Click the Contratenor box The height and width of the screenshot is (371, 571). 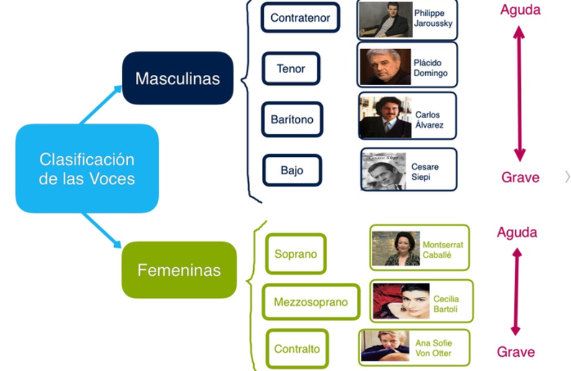pyautogui.click(x=300, y=17)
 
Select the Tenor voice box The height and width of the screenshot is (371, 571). pyautogui.click(x=291, y=68)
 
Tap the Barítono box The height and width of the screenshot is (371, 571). pyautogui.click(x=292, y=119)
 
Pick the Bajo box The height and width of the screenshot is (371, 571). pyautogui.click(x=292, y=170)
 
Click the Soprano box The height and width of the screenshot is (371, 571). pyautogui.click(x=296, y=254)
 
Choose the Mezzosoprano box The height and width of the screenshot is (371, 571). pyautogui.click(x=311, y=302)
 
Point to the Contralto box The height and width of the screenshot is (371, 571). pyautogui.click(x=297, y=349)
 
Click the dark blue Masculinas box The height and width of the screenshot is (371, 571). pyautogui.click(x=178, y=78)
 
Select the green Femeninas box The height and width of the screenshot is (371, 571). pyautogui.click(x=179, y=270)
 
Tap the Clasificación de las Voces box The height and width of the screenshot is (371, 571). pyautogui.click(x=87, y=168)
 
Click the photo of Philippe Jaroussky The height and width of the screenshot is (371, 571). pyautogui.click(x=385, y=20)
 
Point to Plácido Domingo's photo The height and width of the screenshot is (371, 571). pyautogui.click(x=385, y=67)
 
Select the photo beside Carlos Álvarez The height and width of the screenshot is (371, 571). pyautogui.click(x=385, y=117)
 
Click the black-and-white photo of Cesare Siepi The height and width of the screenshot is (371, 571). pyautogui.click(x=383, y=171)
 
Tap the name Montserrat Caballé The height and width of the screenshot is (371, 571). pyautogui.click(x=443, y=250)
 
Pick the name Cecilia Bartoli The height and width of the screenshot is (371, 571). pyautogui.click(x=446, y=304)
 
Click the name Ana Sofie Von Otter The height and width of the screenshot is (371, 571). pyautogui.click(x=434, y=348)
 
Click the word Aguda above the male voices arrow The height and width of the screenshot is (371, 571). pyautogui.click(x=520, y=10)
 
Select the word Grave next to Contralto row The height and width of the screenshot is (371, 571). pyautogui.click(x=516, y=352)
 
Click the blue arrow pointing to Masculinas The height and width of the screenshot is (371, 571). pyautogui.click(x=100, y=104)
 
